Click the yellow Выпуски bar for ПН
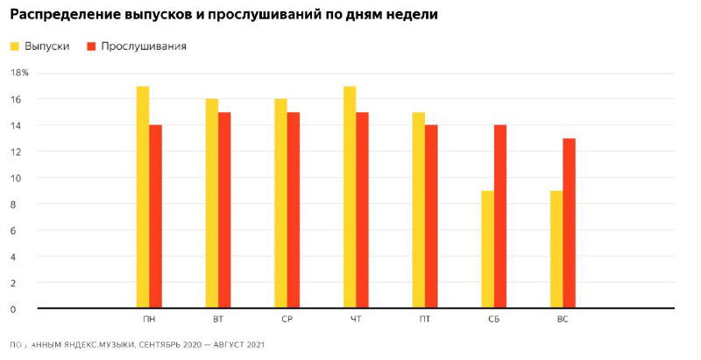tap(143, 197)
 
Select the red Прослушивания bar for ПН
tap(156, 216)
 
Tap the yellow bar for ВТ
tap(212, 203)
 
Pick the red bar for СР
tap(294, 210)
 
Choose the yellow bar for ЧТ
tap(350, 197)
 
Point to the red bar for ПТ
tap(431, 216)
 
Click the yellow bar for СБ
tap(487, 250)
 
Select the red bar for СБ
tap(500, 216)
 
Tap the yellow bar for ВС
tap(556, 250)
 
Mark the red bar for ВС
tap(569, 223)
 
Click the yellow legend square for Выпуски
tap(15, 46)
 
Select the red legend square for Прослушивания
tap(91, 46)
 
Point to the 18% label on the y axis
tap(19, 73)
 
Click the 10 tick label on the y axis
tap(15, 178)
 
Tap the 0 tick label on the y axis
tap(13, 309)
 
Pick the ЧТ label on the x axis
tap(355, 320)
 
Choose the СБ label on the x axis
tap(494, 320)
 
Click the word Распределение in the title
tap(60, 15)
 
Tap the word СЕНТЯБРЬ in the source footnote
tap(163, 346)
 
